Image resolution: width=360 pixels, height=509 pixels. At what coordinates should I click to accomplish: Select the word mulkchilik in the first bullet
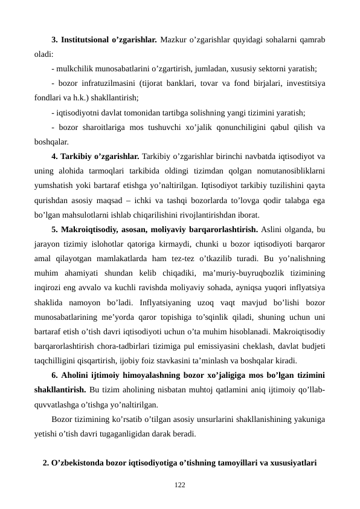coord(74,69)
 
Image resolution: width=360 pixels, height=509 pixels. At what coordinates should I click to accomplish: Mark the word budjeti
coord(313,360)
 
